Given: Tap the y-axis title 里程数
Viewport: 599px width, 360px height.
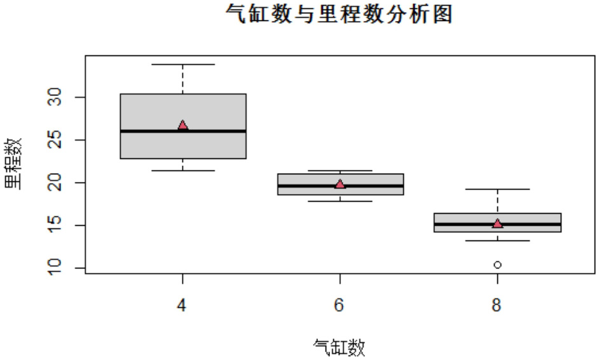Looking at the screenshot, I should tap(13, 163).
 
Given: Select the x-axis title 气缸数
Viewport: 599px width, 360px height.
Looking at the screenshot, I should tap(340, 347).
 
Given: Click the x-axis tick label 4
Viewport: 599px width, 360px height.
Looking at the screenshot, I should tap(182, 306).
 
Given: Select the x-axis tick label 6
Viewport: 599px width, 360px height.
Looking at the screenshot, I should tap(340, 306).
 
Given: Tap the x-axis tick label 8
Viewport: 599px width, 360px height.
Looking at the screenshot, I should tap(497, 306).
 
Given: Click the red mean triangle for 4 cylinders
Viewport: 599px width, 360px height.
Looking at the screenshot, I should tap(182, 125).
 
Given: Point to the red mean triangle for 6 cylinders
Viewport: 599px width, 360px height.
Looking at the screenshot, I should tap(340, 184).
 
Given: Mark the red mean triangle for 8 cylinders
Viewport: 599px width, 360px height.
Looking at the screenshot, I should tap(497, 223).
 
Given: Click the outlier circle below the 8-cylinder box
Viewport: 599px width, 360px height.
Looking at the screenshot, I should tap(497, 265).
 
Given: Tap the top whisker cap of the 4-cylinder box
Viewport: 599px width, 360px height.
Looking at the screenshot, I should tap(182, 64).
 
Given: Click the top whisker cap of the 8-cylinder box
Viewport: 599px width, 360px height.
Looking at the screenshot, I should tap(497, 189).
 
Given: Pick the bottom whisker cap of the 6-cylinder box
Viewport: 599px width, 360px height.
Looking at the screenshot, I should tap(340, 201).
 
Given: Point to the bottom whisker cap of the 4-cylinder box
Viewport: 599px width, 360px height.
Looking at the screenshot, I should tap(182, 170).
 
